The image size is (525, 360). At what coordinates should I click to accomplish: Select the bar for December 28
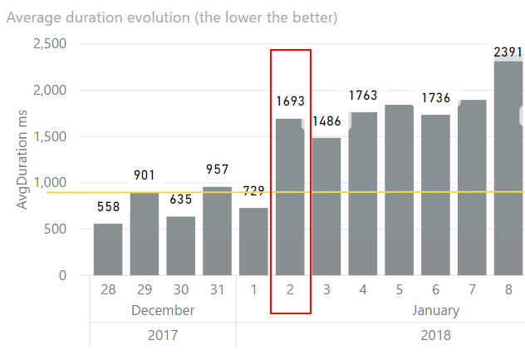coord(108,249)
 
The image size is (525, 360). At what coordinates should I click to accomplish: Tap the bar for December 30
coord(181,246)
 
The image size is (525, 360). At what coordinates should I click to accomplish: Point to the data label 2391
coord(508,52)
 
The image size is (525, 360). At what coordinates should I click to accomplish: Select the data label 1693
coord(291,101)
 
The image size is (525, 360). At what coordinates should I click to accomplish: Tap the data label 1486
coord(327,122)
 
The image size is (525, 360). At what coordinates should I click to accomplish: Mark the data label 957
coord(218,170)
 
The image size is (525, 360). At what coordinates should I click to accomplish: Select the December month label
coord(163,311)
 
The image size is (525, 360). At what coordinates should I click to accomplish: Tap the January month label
coord(435,311)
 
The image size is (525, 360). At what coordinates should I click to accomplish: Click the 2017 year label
coord(163,336)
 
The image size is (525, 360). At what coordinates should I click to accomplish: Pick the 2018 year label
coord(435,336)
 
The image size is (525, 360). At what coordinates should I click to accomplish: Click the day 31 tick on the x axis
coord(218,289)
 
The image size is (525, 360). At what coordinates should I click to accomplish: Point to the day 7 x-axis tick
coord(473,289)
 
